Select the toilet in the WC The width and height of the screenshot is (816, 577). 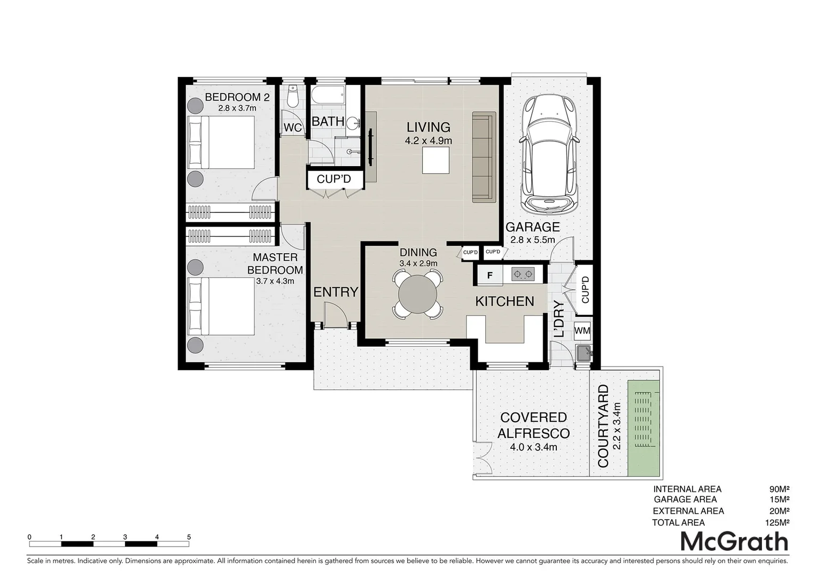pyautogui.click(x=292, y=97)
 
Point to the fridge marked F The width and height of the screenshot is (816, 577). pyautogui.click(x=489, y=276)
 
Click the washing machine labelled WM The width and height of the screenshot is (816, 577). pyautogui.click(x=582, y=331)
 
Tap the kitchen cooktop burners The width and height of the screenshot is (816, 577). pyautogui.click(x=523, y=275)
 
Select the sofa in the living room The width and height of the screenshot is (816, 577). pyautogui.click(x=484, y=158)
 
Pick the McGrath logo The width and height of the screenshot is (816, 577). pyautogui.click(x=734, y=541)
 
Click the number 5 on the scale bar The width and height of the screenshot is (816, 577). pyautogui.click(x=189, y=537)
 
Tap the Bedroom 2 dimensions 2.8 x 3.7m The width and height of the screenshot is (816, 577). pyautogui.click(x=237, y=108)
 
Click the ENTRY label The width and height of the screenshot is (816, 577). pyautogui.click(x=336, y=292)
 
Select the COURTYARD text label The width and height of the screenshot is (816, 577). pyautogui.click(x=603, y=426)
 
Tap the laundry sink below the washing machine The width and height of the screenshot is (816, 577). pyautogui.click(x=583, y=354)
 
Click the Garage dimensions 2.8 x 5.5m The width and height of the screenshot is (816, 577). pyautogui.click(x=532, y=240)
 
